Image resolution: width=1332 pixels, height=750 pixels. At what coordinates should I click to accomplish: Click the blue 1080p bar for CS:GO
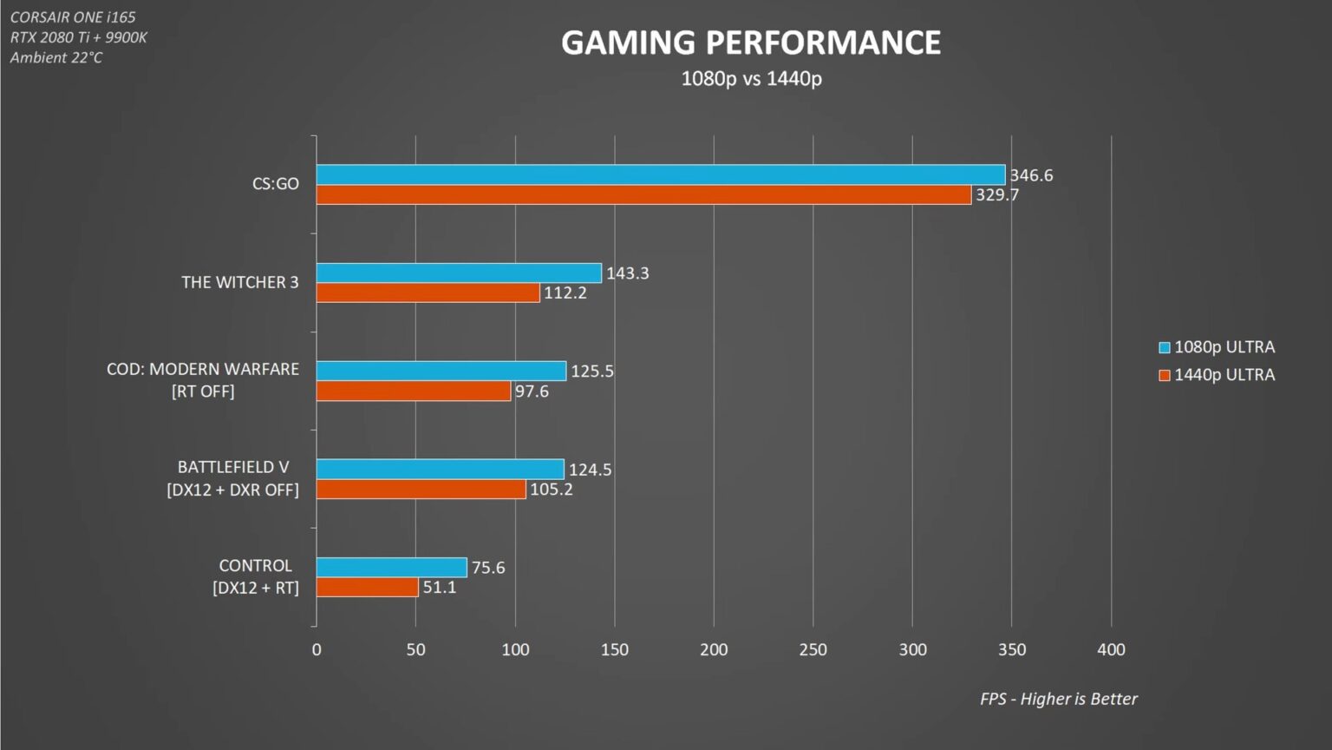(x=660, y=174)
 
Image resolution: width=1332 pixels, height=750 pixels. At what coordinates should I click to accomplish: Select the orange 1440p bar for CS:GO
(x=643, y=195)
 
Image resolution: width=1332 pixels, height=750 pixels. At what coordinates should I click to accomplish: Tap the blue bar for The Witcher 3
(x=459, y=273)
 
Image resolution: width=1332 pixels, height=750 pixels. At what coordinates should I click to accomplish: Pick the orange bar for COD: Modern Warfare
(x=414, y=391)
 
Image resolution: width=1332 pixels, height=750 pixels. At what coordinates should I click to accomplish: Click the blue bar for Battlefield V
(x=440, y=470)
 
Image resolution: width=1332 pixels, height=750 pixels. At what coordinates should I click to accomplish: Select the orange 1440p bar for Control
(x=367, y=588)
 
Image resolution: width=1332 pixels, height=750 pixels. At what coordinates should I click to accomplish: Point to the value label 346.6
(x=1031, y=175)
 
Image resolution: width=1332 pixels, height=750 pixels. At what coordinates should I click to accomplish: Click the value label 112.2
(x=565, y=293)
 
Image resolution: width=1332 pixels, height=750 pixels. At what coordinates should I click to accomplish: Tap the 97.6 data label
(x=532, y=391)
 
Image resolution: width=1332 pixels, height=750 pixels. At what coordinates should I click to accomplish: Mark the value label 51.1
(x=439, y=588)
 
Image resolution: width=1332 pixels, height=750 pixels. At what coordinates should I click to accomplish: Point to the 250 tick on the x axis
(x=813, y=649)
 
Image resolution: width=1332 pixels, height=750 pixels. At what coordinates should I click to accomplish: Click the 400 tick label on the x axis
(x=1111, y=649)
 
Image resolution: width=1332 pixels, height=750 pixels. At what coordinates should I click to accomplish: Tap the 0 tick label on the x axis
(x=317, y=649)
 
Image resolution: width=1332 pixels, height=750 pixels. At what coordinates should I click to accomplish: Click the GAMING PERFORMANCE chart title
(x=751, y=43)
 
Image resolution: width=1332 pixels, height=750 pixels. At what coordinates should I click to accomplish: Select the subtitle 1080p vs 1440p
(x=751, y=78)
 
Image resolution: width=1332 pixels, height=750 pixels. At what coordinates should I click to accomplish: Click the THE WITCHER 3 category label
(x=239, y=282)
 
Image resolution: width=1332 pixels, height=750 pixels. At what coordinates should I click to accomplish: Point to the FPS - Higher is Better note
(x=1058, y=699)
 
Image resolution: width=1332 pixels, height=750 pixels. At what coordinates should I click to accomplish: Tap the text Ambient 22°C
(x=56, y=57)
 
